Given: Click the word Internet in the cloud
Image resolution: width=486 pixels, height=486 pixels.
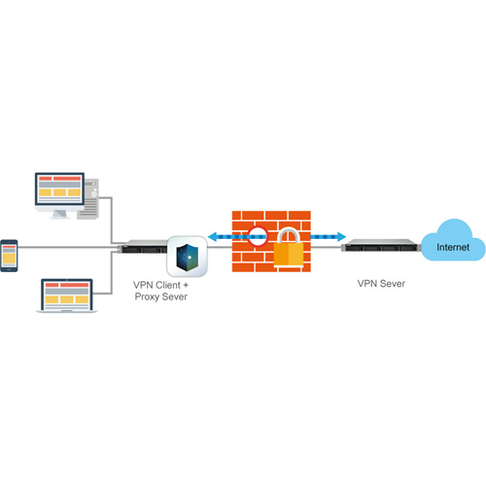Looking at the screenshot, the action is coord(453,247).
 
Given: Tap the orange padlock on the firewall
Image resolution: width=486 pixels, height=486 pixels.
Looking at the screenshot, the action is coord(289,249).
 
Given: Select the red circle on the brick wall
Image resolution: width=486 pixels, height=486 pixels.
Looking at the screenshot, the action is coord(258,236).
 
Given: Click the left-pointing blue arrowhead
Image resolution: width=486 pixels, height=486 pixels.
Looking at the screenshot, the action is coord(212,237).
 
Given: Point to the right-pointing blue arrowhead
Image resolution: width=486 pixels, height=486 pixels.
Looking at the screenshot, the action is coord(341,237).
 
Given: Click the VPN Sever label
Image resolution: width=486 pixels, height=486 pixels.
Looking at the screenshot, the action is coord(381,284).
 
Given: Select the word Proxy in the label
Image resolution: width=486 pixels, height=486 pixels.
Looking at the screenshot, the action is coord(147,297).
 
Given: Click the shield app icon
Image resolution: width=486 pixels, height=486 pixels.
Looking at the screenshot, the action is coord(187,257).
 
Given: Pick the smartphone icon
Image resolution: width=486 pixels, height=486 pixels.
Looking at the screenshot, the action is coord(9,256).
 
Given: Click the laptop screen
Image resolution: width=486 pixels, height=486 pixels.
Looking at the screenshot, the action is coord(67,295).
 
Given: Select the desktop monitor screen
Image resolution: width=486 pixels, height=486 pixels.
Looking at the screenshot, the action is coord(59,189).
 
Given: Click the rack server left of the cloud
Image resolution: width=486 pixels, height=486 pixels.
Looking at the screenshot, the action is coord(381,245).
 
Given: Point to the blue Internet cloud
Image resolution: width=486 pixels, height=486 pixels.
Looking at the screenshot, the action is coord(453,240).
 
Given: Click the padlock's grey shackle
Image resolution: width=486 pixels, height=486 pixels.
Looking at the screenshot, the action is coord(289,235).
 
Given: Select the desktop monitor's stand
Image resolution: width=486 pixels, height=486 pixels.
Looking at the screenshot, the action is coord(60,215).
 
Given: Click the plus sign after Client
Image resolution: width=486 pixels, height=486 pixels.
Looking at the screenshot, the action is coord(186,285).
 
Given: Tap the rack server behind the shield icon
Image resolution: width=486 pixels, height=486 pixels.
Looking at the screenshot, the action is coord(144,247).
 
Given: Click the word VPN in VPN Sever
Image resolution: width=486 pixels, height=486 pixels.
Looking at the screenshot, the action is coord(367,284).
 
